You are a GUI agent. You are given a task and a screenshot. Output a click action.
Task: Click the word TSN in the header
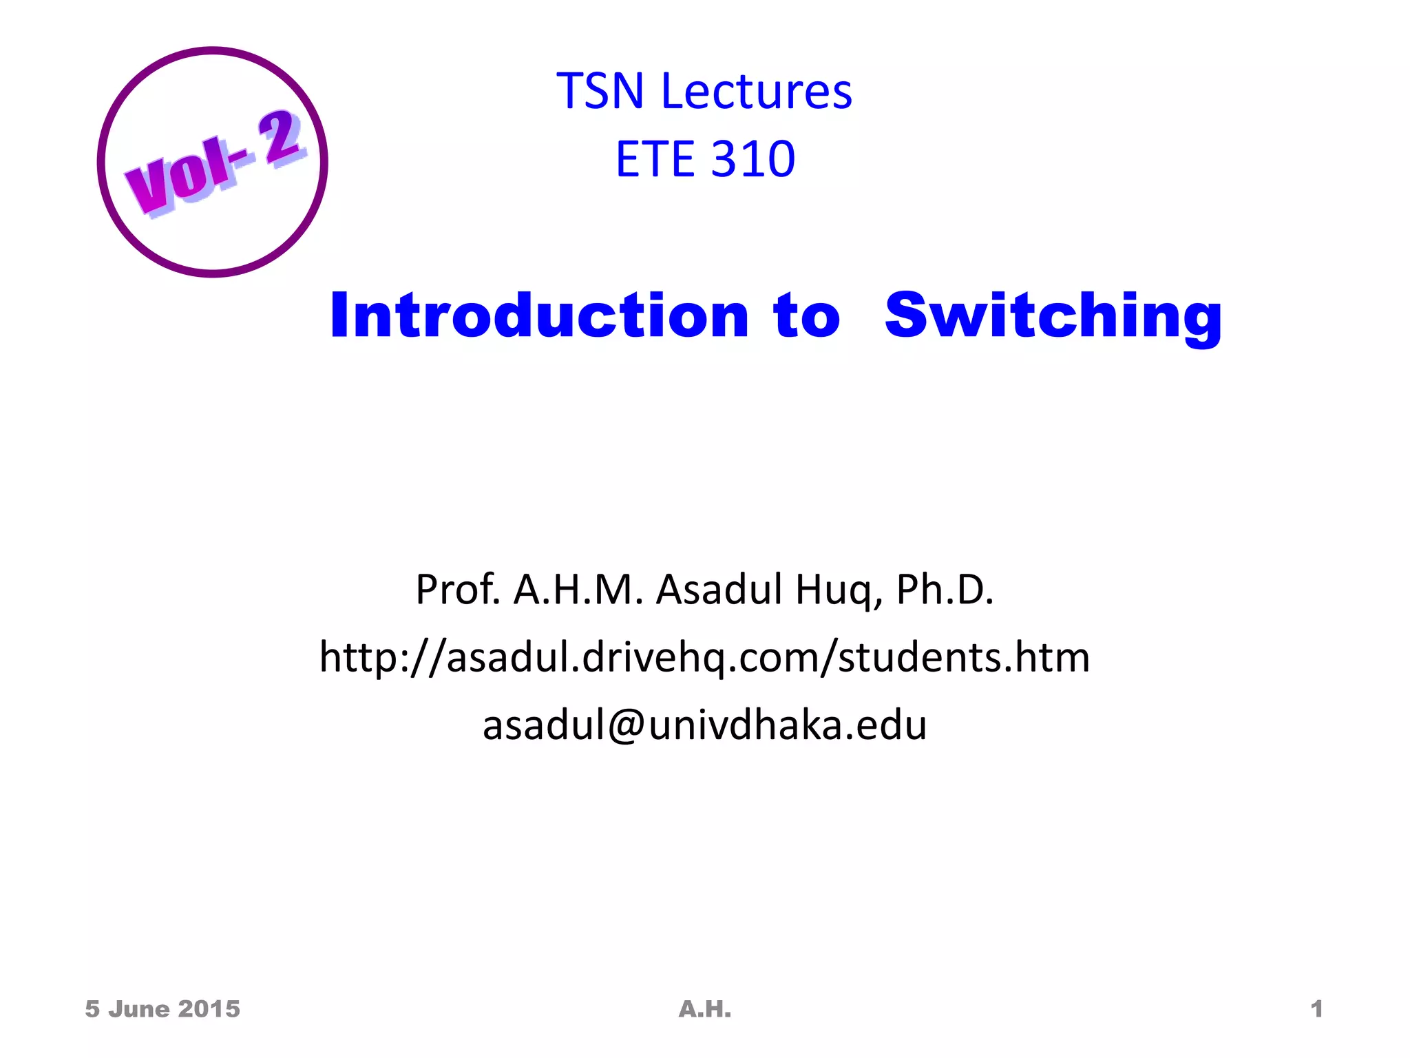(x=600, y=91)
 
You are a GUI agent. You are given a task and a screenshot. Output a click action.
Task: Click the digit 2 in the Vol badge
(x=280, y=137)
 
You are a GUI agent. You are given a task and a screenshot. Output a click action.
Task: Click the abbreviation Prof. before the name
(x=458, y=590)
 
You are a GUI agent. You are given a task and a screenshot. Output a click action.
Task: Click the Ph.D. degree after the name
(x=945, y=590)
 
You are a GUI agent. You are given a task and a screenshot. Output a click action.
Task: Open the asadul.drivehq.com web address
(x=704, y=657)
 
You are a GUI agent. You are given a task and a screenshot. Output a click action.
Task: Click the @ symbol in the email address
(x=626, y=725)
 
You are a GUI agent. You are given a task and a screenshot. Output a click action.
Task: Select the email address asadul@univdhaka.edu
(x=704, y=725)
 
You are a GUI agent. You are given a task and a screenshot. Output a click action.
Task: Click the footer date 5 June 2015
(x=162, y=1009)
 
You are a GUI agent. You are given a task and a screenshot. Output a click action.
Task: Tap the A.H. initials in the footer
(x=704, y=1009)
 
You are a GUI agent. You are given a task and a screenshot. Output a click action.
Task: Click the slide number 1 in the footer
(x=1316, y=1009)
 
